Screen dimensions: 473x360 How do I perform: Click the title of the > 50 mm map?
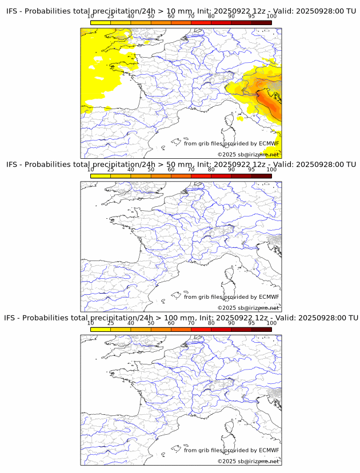tap(181, 165)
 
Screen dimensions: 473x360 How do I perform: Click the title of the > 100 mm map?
tap(181, 318)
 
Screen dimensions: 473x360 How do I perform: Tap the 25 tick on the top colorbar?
tap(110, 17)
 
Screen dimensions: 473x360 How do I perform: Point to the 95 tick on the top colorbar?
tap(251, 17)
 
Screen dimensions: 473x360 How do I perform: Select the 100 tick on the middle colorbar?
tap(271, 170)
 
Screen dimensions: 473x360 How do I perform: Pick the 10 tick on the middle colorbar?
tap(90, 170)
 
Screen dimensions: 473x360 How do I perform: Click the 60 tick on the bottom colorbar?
tap(171, 323)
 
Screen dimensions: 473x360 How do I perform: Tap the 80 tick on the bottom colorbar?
tap(211, 323)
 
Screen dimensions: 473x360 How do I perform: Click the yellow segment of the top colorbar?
tap(100, 23)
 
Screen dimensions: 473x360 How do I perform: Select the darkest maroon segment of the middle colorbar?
tap(261, 176)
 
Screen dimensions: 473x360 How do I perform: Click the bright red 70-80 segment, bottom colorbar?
tap(201, 329)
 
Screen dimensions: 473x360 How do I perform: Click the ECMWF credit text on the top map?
tap(231, 143)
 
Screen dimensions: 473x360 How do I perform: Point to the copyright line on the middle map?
tap(248, 308)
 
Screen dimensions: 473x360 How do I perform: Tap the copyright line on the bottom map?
tap(248, 461)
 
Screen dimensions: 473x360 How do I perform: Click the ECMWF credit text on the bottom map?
tap(231, 450)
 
